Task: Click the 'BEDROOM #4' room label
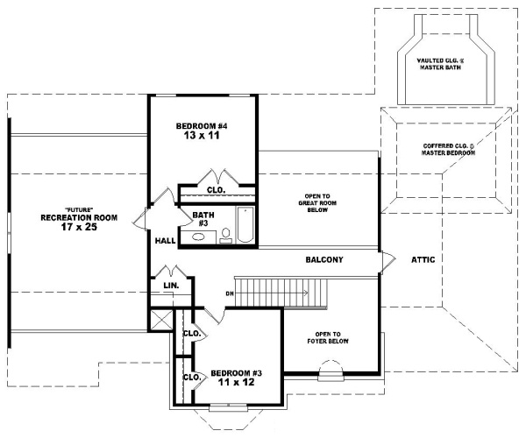coord(202,125)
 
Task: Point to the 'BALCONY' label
coord(323,260)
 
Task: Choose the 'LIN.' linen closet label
coord(171,286)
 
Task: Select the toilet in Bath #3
coord(225,234)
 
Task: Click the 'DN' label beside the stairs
coord(230,293)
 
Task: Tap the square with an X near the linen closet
coord(160,320)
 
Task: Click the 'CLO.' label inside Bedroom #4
coord(216,189)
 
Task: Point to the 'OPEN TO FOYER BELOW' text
coord(331,339)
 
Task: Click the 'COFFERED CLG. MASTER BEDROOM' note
coord(448,149)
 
